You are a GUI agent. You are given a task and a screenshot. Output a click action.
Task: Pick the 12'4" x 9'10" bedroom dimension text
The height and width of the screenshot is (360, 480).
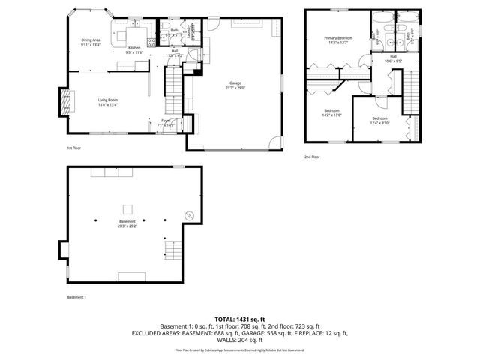[380, 123]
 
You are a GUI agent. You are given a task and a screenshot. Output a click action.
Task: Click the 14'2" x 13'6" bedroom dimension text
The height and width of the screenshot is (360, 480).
[331, 115]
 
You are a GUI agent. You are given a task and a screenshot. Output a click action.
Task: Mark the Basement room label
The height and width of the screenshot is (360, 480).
[127, 222]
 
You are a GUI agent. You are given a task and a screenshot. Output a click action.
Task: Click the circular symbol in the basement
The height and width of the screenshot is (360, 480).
[189, 217]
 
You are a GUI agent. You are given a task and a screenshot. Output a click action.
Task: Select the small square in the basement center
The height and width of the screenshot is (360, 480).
[128, 208]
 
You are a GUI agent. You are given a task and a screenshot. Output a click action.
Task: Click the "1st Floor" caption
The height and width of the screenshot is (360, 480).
[73, 148]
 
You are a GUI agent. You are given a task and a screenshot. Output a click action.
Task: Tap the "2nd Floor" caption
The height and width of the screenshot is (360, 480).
[312, 157]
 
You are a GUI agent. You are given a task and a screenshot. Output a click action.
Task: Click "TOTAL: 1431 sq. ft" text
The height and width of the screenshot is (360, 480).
[240, 319]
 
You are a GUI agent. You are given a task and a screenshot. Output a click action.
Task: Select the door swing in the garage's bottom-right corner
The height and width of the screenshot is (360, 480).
[278, 142]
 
